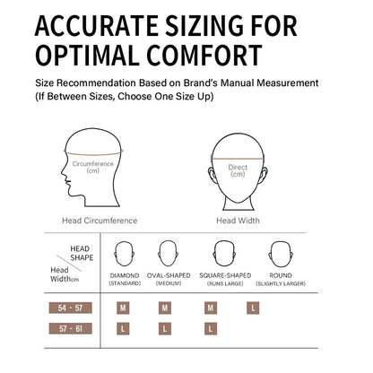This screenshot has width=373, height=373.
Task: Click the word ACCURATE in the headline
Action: point(97,26)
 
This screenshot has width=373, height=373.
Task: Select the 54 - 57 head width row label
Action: point(71,308)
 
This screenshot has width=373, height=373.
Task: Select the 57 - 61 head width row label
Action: point(71,329)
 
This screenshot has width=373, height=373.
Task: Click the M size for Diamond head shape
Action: point(123,308)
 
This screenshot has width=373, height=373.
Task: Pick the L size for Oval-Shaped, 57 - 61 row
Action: point(165,329)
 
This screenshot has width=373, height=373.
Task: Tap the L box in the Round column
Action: point(253,308)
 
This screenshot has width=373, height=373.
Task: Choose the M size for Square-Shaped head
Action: point(211,308)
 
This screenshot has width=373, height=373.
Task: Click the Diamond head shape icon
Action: point(124,254)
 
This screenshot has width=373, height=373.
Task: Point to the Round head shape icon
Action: point(281,254)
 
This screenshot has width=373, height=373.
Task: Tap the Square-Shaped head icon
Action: point(224,254)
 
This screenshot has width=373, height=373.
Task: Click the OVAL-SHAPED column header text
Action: point(169,275)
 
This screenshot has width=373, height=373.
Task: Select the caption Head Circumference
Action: point(100,221)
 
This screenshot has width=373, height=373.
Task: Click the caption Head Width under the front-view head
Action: point(238,221)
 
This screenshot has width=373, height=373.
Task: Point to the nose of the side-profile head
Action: point(62,173)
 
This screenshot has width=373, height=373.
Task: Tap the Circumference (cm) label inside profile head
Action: point(92,167)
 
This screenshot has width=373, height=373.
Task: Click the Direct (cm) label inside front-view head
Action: point(238,170)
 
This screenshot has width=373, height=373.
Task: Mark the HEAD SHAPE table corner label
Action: point(82,253)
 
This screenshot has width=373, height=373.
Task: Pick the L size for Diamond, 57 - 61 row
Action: point(123,329)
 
